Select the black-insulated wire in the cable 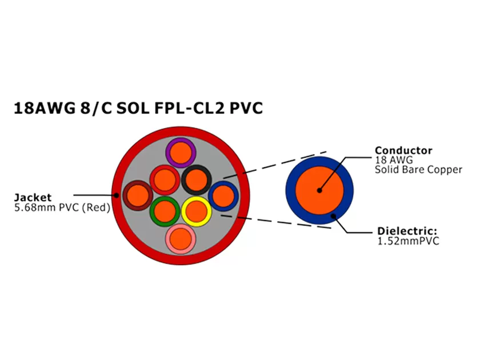[197, 179]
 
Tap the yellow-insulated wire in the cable [197, 211]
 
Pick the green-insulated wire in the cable [165, 211]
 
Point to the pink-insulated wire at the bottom [181, 238]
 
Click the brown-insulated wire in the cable [138, 195]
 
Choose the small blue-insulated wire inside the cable [223, 196]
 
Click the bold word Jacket [33, 198]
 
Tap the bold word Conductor [403, 151]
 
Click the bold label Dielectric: [407, 231]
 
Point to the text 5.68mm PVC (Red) [62, 207]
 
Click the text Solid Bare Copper [418, 170]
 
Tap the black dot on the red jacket [117, 195]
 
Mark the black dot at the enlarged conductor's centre [319, 190]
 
